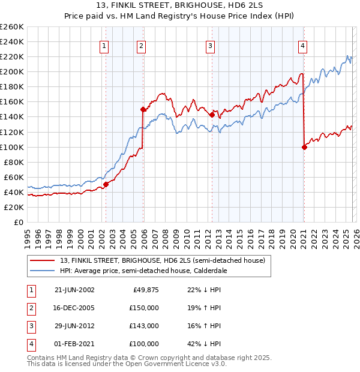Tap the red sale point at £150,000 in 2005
(x=143, y=109)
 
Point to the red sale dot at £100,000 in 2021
(x=304, y=147)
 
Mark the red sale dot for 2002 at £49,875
(x=106, y=185)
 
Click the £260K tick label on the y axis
(x=12, y=27)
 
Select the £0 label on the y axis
(x=18, y=223)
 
